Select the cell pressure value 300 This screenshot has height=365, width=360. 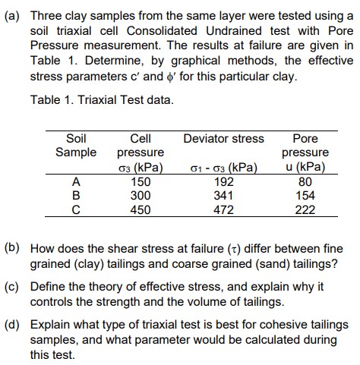[x=141, y=194]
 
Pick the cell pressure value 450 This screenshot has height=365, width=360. [x=141, y=209]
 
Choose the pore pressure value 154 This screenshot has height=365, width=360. [x=305, y=194]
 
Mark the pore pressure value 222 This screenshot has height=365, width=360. [x=305, y=209]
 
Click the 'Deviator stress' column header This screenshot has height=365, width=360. [x=223, y=138]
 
